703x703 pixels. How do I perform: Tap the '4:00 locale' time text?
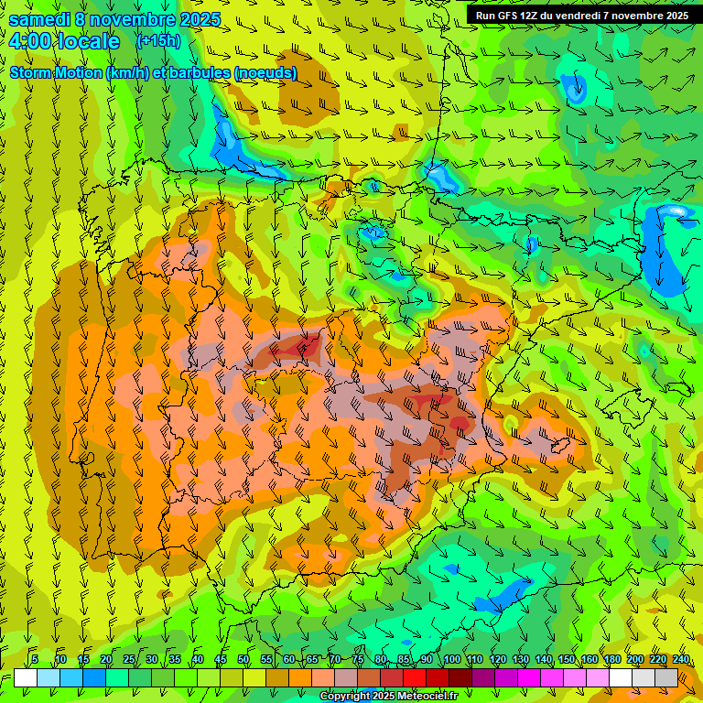click(x=63, y=41)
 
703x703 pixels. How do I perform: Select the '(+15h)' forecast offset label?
click(x=157, y=40)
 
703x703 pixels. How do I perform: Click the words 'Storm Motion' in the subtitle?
click(x=56, y=72)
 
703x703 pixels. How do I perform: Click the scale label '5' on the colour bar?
click(x=35, y=660)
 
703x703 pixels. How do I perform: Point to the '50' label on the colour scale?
click(x=243, y=660)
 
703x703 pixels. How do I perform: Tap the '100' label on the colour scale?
click(x=451, y=660)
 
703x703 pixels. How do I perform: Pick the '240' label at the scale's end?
click(x=681, y=660)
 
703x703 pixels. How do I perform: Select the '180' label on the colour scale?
click(x=611, y=660)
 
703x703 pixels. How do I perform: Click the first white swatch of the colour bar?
click(x=26, y=677)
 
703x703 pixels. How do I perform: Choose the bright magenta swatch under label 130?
click(x=529, y=677)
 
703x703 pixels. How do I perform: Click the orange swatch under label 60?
click(x=300, y=677)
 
